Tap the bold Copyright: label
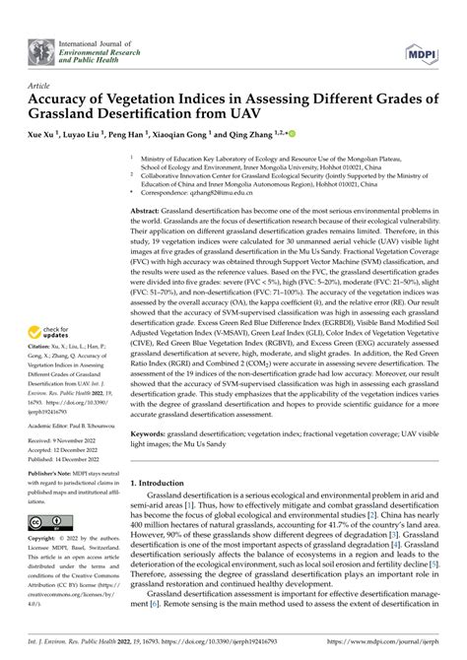click(x=45, y=542)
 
